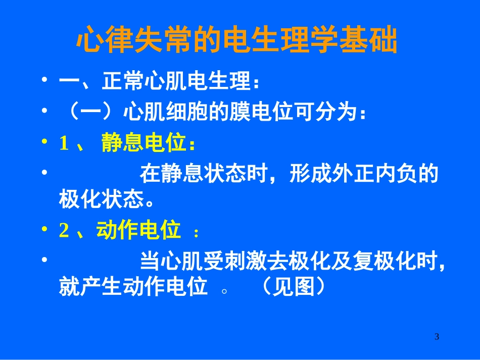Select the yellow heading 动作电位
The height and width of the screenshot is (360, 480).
coord(138,231)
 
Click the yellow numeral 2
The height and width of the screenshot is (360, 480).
coord(64,231)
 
